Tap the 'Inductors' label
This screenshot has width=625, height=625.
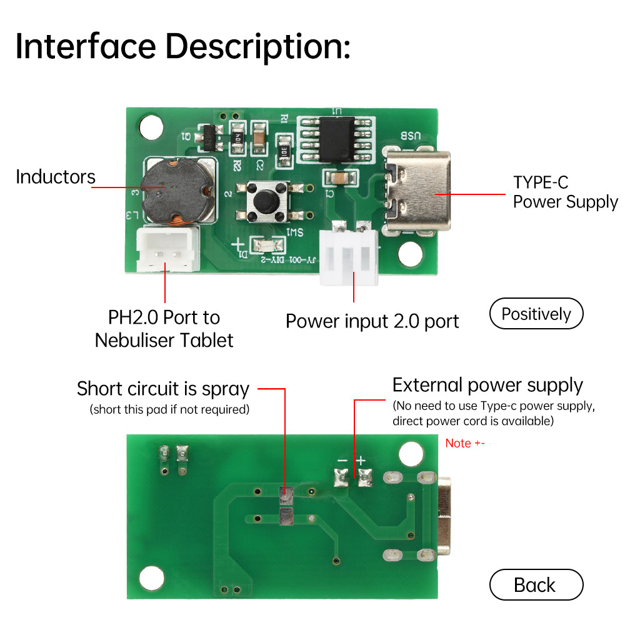(x=55, y=177)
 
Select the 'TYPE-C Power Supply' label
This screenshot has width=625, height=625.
(x=565, y=192)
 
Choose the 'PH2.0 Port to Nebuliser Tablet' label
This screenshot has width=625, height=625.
(x=164, y=329)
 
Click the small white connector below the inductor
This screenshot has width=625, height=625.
(x=165, y=251)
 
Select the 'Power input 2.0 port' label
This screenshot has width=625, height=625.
(x=372, y=321)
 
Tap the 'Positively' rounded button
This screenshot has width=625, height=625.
(x=536, y=314)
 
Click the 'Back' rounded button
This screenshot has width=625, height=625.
(x=536, y=585)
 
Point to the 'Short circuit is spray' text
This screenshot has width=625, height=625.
(x=162, y=389)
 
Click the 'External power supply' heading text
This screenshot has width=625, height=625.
(x=487, y=385)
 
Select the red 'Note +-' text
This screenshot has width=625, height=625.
(x=464, y=443)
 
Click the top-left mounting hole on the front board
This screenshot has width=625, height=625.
(x=150, y=127)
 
